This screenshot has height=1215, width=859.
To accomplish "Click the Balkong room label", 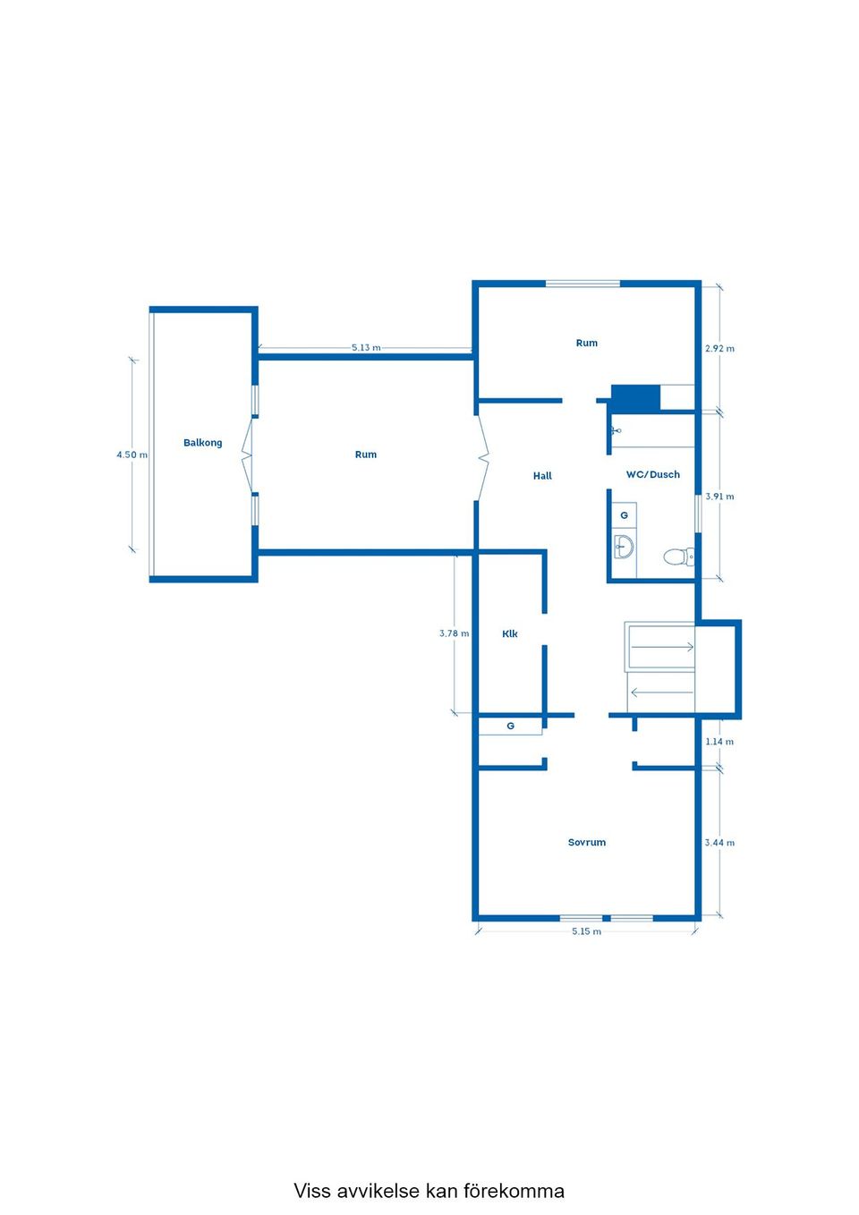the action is pyautogui.click(x=203, y=443).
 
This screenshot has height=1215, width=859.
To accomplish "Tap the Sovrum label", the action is pyautogui.click(x=587, y=843).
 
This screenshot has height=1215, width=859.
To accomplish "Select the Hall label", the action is pyautogui.click(x=542, y=476).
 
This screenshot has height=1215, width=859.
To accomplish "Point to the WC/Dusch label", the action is pyautogui.click(x=653, y=474).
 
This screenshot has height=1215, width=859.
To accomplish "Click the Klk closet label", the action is pyautogui.click(x=510, y=633).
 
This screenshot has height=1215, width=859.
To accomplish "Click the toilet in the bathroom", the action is pyautogui.click(x=678, y=557).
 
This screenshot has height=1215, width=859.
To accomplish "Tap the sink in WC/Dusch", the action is pyautogui.click(x=624, y=546).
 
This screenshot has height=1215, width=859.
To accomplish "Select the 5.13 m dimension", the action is pyautogui.click(x=366, y=347).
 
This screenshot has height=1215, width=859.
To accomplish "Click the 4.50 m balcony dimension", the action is pyautogui.click(x=132, y=455).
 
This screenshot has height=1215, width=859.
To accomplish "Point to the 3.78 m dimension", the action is pyautogui.click(x=455, y=633).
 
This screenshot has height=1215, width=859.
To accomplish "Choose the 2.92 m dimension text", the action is pyautogui.click(x=719, y=348).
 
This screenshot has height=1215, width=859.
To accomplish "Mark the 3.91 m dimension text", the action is pyautogui.click(x=719, y=497).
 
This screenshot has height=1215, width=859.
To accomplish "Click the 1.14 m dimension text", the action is pyautogui.click(x=719, y=742).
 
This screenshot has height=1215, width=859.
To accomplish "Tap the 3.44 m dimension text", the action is pyautogui.click(x=719, y=843).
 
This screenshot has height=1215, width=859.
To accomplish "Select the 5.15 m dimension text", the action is pyautogui.click(x=587, y=931).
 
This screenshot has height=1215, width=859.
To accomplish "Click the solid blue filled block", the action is pyautogui.click(x=635, y=399).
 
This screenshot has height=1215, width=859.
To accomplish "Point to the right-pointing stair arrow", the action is pyautogui.click(x=662, y=647).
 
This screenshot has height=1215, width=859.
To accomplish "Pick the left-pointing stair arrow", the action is pyautogui.click(x=662, y=692).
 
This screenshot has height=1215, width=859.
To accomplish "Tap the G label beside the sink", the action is pyautogui.click(x=624, y=515).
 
